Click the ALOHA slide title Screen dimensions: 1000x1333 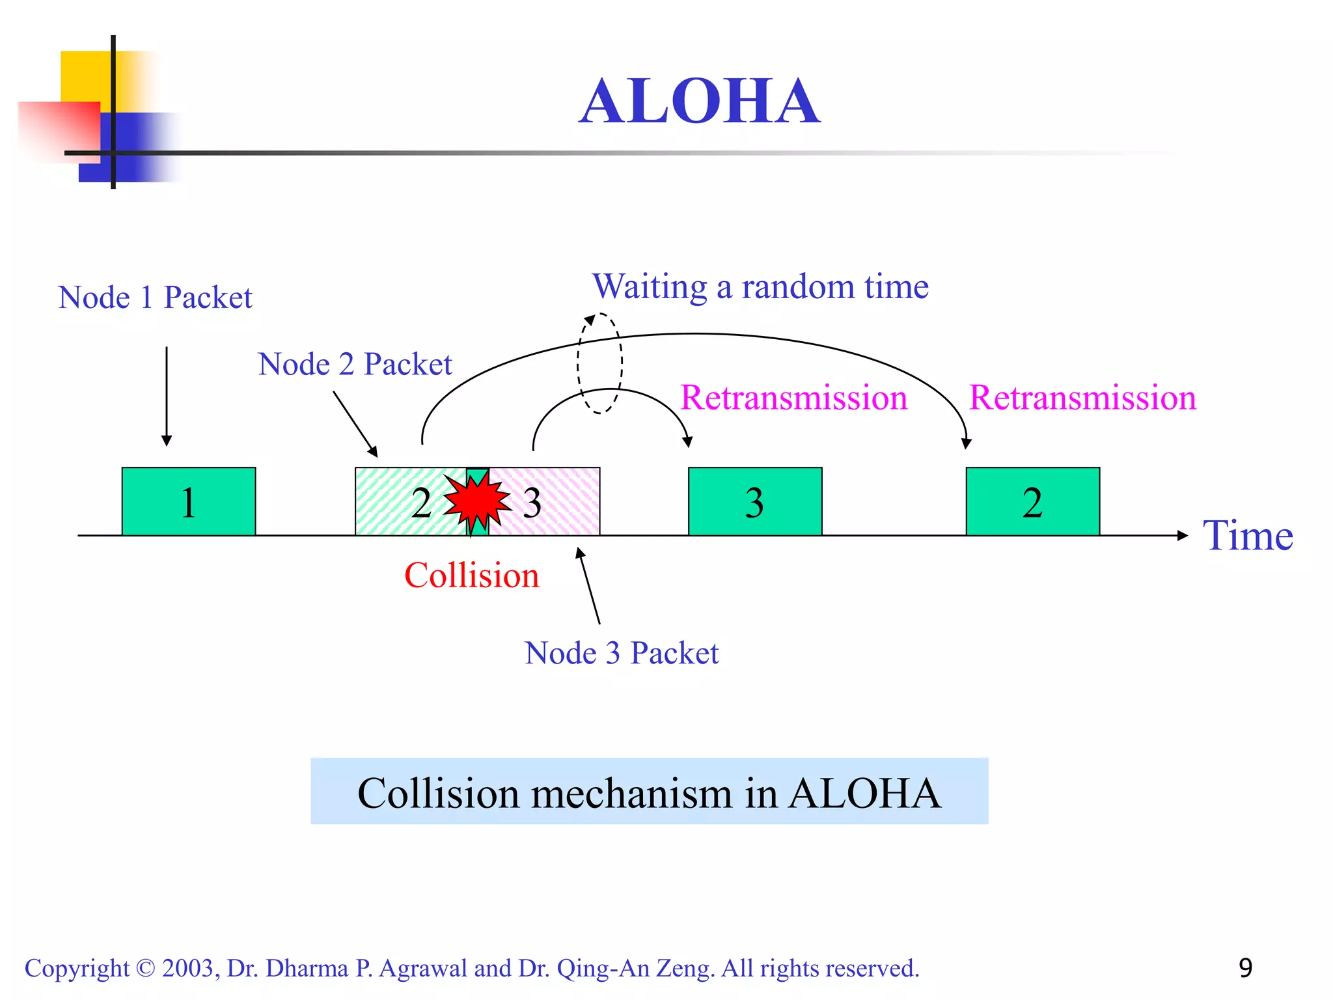point(700,102)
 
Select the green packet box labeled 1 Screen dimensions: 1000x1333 point(189,501)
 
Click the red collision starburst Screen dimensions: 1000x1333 point(477,501)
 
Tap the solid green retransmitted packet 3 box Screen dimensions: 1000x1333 point(755,501)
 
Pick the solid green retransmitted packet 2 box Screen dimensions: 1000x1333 point(1032,501)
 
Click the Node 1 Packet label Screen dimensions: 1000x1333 point(155,298)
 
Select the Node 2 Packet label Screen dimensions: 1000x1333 point(355,364)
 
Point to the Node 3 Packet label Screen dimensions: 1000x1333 point(622,653)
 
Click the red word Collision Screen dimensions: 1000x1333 point(472,576)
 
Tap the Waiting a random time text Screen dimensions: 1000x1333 point(760,286)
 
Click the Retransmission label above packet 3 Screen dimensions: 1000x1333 point(793,397)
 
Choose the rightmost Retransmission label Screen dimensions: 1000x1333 point(1082,397)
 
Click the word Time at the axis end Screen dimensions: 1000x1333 point(1247,536)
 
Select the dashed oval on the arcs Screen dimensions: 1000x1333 point(599,363)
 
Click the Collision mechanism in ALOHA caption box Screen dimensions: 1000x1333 point(649,792)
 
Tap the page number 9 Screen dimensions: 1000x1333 point(1245,968)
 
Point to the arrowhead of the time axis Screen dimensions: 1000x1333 point(1182,535)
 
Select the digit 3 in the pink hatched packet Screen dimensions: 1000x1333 point(532,503)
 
